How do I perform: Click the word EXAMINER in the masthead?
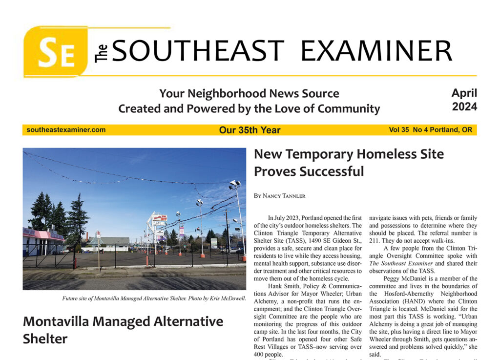[x=375, y=51]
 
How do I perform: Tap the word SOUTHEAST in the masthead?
[x=198, y=51]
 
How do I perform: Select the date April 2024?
[x=464, y=99]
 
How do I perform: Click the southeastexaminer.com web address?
[x=66, y=130]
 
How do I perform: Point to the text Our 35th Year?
[x=250, y=130]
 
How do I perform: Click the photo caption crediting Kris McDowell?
[x=154, y=298]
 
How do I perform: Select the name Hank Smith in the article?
[x=284, y=286]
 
